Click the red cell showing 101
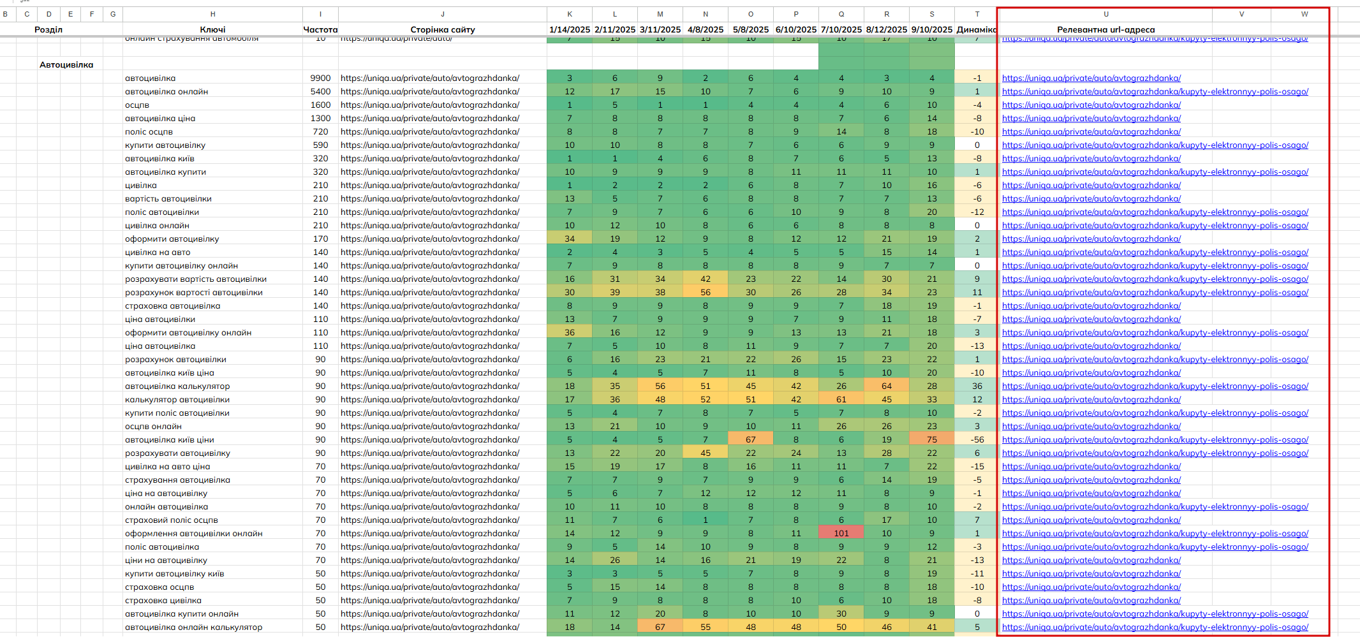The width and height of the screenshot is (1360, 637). [841, 533]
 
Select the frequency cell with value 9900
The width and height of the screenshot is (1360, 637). [320, 78]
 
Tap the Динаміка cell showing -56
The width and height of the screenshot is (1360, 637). [977, 439]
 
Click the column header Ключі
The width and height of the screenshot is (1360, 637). [212, 29]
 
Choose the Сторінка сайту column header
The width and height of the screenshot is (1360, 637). [442, 29]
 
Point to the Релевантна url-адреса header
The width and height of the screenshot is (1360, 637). [1105, 29]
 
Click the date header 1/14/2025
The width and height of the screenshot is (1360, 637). [570, 29]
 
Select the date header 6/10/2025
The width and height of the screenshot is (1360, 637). [795, 29]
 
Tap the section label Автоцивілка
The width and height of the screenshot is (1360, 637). [66, 64]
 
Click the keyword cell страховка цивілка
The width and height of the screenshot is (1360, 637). [163, 600]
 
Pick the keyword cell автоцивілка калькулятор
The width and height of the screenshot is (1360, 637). [177, 386]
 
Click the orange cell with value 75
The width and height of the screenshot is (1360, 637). [931, 439]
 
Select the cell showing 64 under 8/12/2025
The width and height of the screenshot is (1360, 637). [886, 386]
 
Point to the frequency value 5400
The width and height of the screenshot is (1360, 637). [320, 91]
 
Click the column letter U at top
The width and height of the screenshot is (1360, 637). [1105, 14]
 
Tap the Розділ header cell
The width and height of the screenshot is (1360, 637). [48, 29]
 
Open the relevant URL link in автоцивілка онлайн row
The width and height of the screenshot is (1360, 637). [1155, 91]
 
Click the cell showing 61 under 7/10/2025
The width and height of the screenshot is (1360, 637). [841, 399]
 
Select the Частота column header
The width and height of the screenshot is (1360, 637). [320, 29]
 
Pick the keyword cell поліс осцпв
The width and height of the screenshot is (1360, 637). [149, 131]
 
